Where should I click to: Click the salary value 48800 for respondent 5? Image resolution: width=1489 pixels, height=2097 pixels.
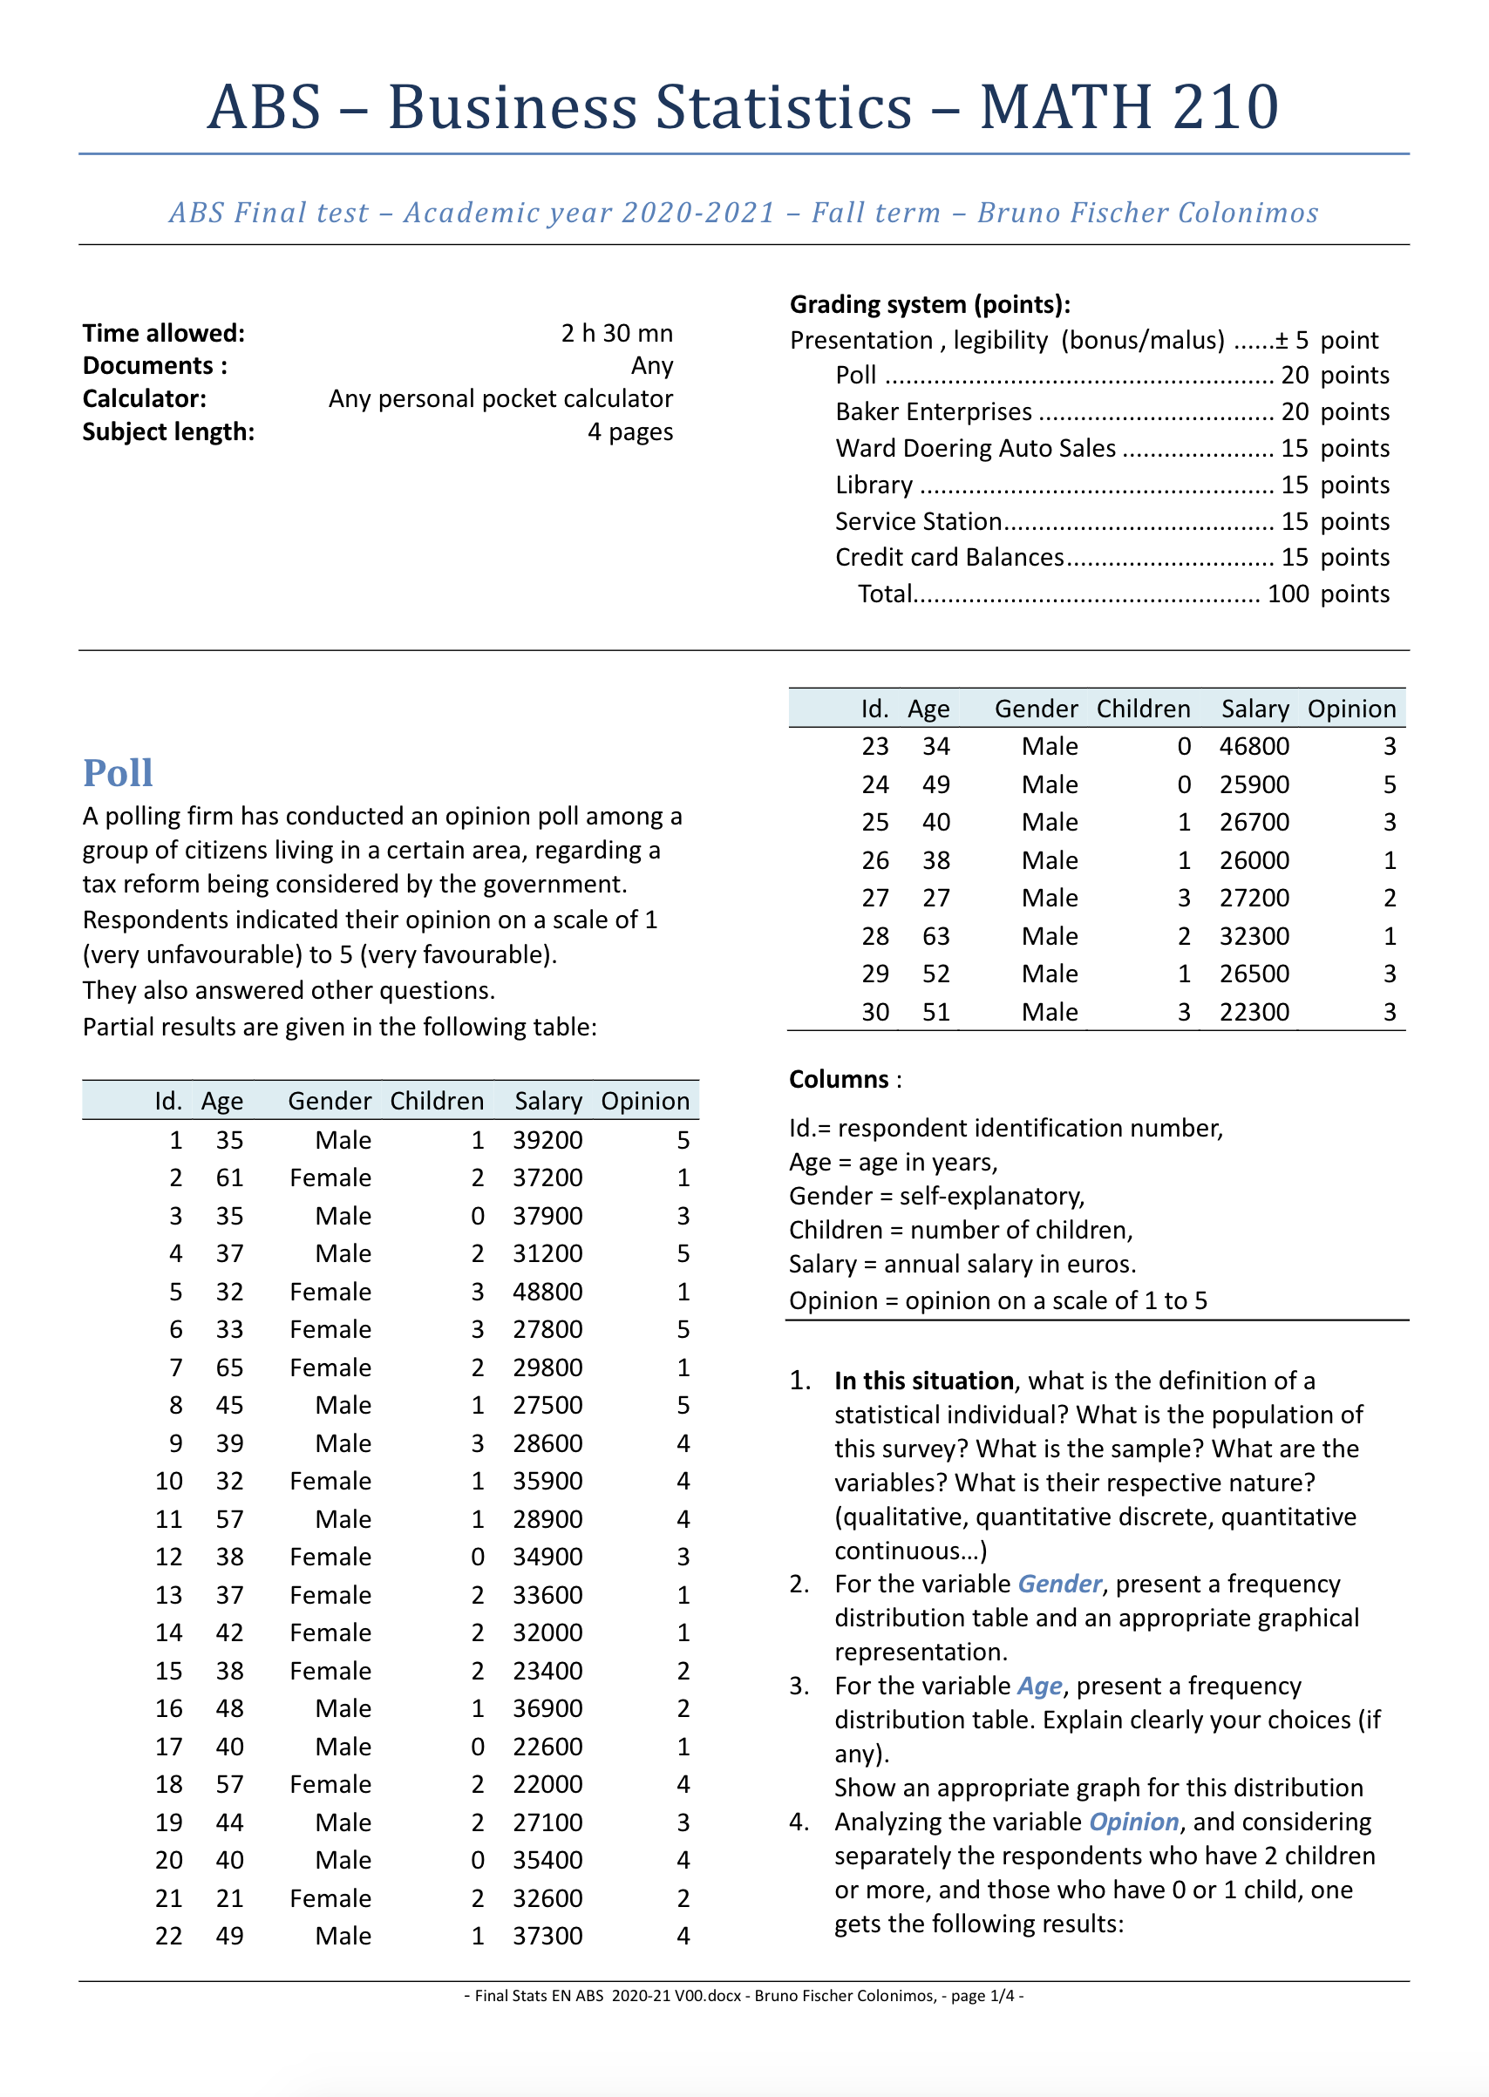tap(547, 1292)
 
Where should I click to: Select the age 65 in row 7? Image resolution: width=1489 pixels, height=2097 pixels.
tap(229, 1367)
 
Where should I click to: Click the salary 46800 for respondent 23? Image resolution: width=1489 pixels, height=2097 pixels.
tap(1254, 746)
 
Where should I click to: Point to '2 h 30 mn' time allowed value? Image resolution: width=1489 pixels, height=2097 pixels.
tap(616, 333)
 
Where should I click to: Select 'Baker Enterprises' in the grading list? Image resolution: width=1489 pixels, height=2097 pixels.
tap(933, 411)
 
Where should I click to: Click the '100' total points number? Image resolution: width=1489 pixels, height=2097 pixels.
tap(1288, 594)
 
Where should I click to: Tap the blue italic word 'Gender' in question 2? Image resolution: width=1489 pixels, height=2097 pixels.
tap(1059, 1584)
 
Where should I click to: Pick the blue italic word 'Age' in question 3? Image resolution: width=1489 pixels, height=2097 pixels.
tap(1039, 1686)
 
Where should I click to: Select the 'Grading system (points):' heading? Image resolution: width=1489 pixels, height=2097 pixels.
tap(929, 304)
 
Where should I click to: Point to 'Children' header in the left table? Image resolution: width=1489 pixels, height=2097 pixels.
tap(437, 1101)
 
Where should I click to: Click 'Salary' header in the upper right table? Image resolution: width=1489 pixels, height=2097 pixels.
tap(1254, 709)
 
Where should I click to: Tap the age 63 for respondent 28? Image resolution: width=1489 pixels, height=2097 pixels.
tap(935, 936)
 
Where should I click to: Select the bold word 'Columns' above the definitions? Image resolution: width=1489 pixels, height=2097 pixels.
tap(838, 1079)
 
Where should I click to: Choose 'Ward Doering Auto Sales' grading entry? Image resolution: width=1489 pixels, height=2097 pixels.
tap(975, 448)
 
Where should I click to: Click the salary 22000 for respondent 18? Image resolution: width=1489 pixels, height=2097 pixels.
tap(547, 1783)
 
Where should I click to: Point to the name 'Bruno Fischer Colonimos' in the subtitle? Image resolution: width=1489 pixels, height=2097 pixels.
tap(1147, 213)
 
